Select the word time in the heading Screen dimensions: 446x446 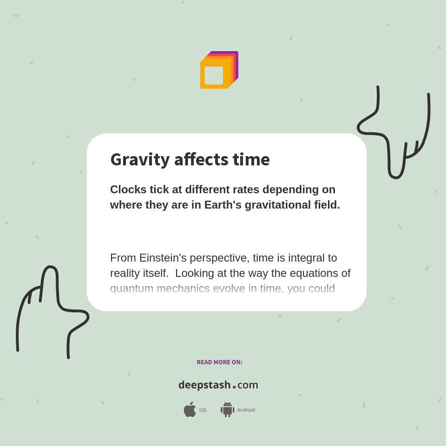(251, 160)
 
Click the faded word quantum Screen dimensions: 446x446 (131, 289)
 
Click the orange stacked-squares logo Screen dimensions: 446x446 (219, 70)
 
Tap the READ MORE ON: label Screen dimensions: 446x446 (219, 362)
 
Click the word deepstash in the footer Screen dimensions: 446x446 (204, 385)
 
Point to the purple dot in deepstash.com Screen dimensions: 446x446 (234, 387)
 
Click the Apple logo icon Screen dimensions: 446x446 (190, 410)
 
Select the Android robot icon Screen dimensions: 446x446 (227, 410)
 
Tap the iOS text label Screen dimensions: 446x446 (203, 410)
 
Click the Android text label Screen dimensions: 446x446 (246, 410)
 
